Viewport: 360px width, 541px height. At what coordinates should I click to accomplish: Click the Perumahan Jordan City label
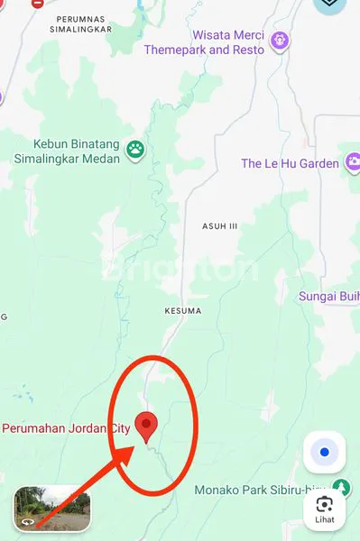pos(66,429)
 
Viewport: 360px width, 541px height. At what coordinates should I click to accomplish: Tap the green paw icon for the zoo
pos(135,149)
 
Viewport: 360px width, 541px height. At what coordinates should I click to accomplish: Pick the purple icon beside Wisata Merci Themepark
pos(282,41)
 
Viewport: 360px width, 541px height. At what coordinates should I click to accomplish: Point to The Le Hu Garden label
pos(290,163)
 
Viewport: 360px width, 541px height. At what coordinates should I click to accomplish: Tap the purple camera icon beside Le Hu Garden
pos(353,163)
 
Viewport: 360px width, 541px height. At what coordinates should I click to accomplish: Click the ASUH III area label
pos(220,226)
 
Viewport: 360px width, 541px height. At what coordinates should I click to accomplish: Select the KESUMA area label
pos(183,311)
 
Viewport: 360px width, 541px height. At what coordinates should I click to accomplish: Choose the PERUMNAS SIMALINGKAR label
pos(83,23)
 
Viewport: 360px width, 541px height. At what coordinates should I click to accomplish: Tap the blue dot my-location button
pos(324,452)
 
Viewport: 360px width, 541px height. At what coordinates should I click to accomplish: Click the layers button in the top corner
pos(331,5)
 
